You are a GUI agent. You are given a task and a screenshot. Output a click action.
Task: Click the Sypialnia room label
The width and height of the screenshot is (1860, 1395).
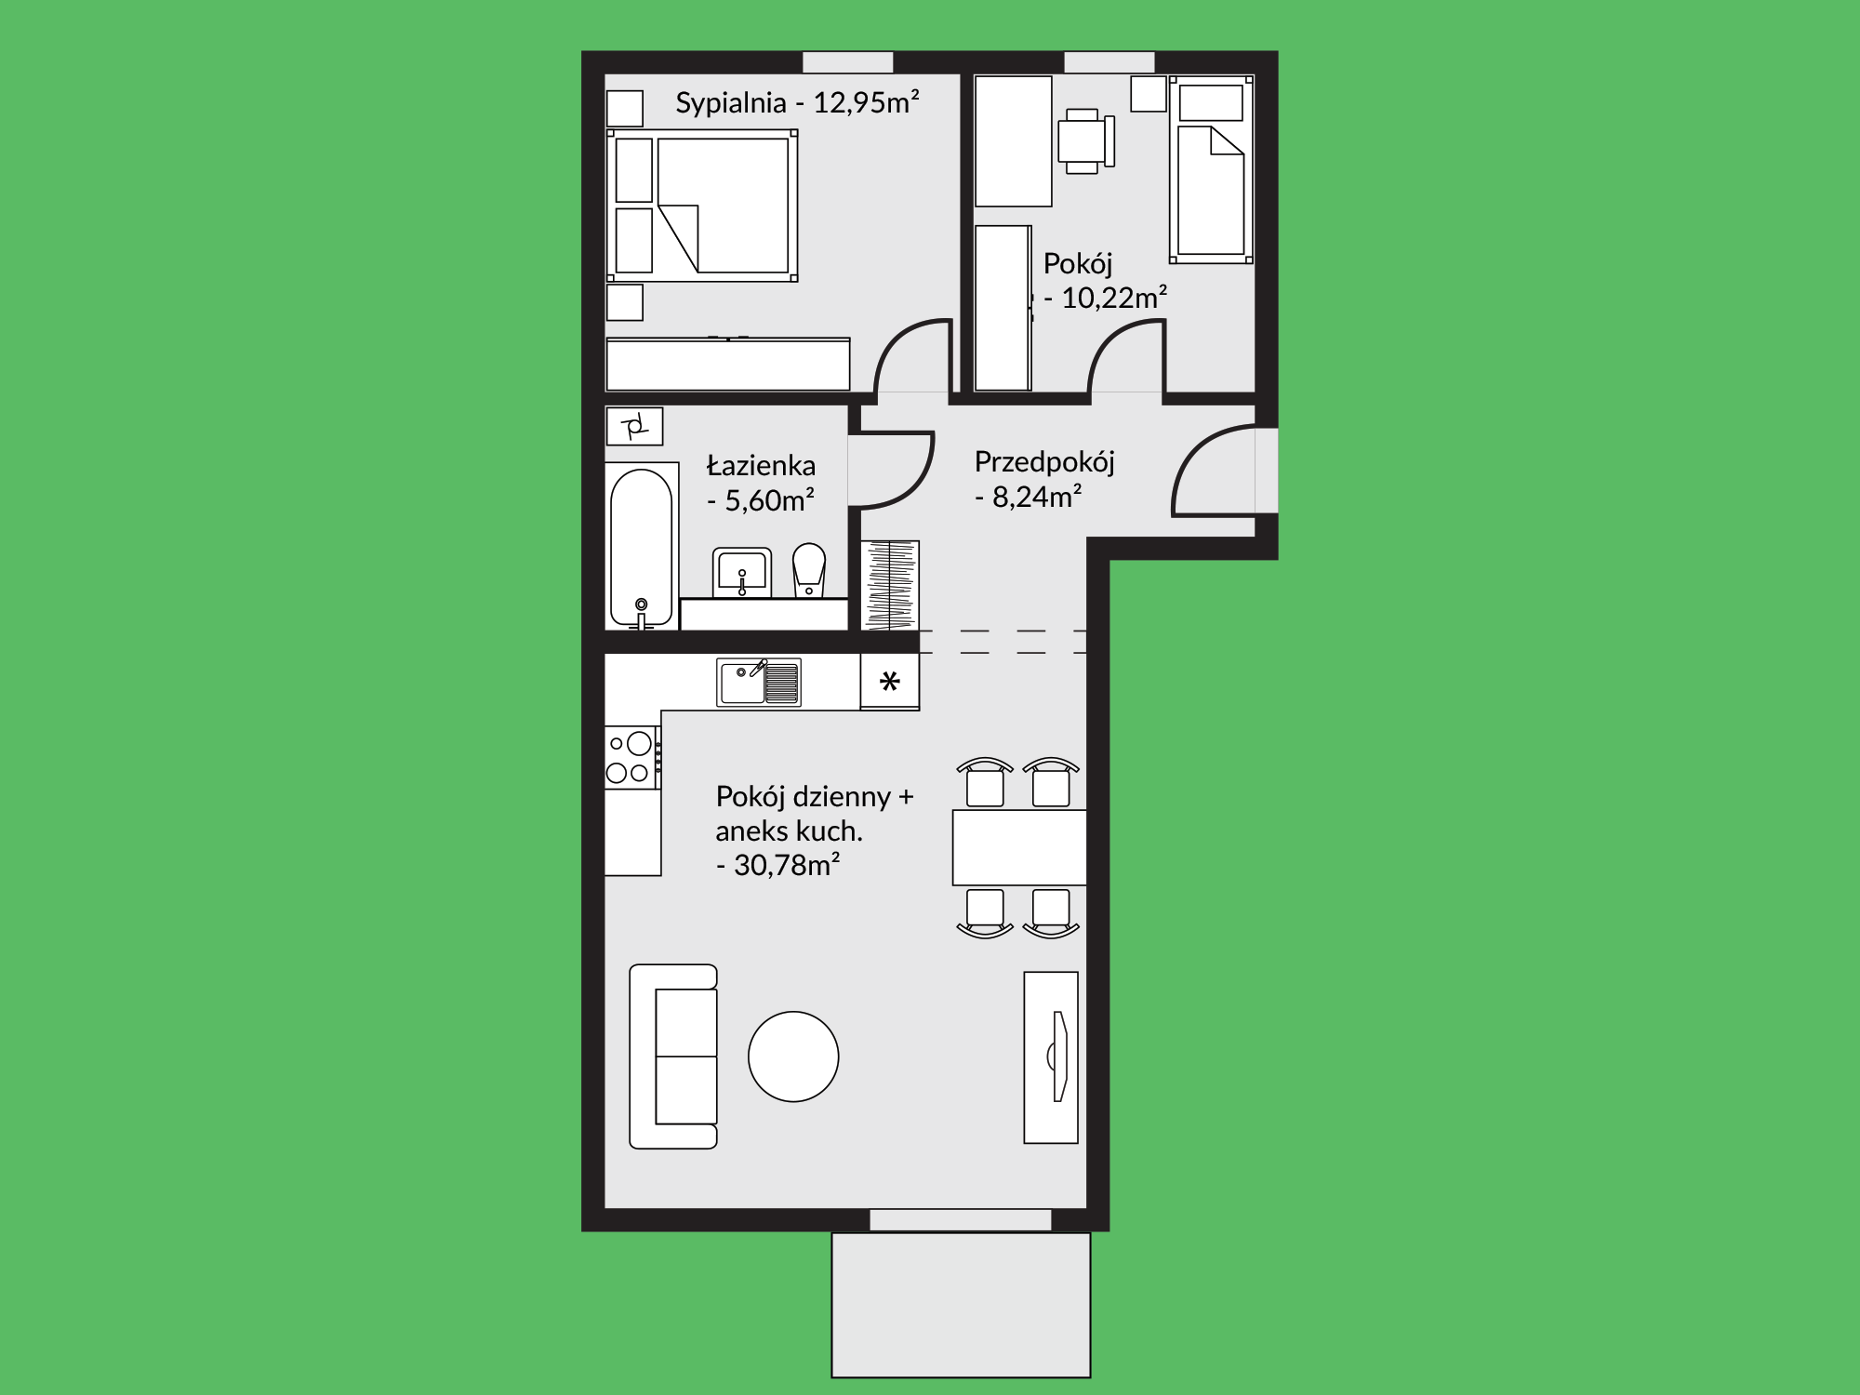(731, 102)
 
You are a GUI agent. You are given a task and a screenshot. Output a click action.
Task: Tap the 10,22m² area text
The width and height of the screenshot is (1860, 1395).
(1114, 298)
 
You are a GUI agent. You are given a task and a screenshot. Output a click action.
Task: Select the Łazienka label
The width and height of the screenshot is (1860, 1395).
(761, 465)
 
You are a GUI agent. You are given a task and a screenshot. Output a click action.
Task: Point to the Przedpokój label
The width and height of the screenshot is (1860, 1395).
(1044, 462)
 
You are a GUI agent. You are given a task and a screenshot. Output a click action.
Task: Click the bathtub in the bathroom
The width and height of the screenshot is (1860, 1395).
(641, 547)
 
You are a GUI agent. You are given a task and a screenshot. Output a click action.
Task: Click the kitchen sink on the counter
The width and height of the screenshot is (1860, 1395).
(759, 683)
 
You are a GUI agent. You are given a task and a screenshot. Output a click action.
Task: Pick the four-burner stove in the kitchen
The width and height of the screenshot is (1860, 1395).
(632, 758)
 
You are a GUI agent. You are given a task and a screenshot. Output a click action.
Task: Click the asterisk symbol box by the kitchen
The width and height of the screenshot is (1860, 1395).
(890, 682)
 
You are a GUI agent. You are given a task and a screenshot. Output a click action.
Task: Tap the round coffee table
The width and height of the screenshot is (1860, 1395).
(793, 1056)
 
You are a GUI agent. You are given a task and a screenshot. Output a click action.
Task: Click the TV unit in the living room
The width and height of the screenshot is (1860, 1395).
(1051, 1057)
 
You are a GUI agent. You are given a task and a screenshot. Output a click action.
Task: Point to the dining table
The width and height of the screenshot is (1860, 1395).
(1019, 847)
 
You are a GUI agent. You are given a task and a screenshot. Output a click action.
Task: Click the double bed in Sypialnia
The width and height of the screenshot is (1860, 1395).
(702, 206)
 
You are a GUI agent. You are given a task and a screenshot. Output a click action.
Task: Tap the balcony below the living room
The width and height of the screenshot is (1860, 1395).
(961, 1305)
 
